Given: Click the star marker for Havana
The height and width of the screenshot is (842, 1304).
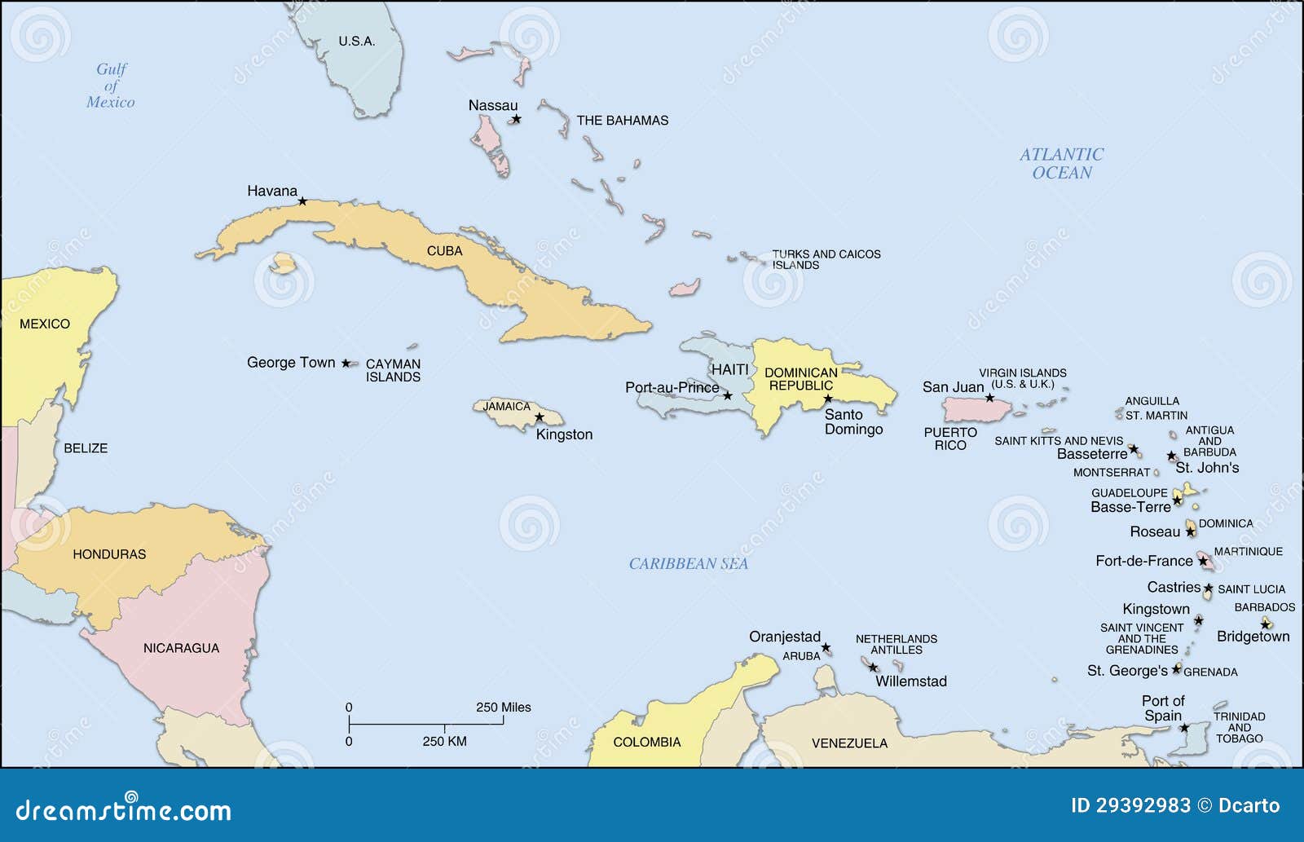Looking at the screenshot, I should [x=302, y=201].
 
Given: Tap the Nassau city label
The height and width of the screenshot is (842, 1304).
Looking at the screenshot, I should [x=492, y=105].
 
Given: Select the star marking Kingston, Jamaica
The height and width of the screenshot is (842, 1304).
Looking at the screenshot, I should [x=539, y=417].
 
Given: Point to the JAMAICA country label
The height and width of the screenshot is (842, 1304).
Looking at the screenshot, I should [x=506, y=406].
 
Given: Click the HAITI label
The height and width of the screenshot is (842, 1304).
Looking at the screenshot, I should [x=729, y=369].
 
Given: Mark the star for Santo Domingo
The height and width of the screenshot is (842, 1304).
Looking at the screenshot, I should [x=828, y=399].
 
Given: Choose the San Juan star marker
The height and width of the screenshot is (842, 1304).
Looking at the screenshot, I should [x=989, y=398].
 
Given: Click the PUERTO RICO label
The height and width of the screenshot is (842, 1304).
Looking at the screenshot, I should [x=950, y=439].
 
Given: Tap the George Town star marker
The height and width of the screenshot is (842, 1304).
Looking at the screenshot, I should [x=346, y=363].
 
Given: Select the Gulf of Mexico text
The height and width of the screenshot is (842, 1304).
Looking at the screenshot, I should [x=111, y=86].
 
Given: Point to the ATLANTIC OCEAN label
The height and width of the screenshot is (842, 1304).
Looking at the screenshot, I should [x=1062, y=163].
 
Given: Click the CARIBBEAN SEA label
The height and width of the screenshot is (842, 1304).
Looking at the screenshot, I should [x=689, y=563].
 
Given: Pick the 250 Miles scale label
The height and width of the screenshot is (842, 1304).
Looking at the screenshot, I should [x=503, y=708].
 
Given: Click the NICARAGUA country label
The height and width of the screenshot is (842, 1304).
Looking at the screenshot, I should [x=181, y=648].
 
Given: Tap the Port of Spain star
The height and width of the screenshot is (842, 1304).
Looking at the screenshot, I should [x=1184, y=727].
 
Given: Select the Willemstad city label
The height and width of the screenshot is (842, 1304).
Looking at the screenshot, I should [x=911, y=681].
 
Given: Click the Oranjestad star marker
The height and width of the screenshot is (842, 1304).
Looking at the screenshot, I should [x=826, y=648].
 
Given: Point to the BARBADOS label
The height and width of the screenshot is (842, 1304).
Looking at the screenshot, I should [x=1264, y=607].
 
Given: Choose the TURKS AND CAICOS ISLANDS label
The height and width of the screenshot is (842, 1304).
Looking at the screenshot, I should [x=826, y=259].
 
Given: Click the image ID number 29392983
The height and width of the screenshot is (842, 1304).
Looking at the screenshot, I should [x=1143, y=806].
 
